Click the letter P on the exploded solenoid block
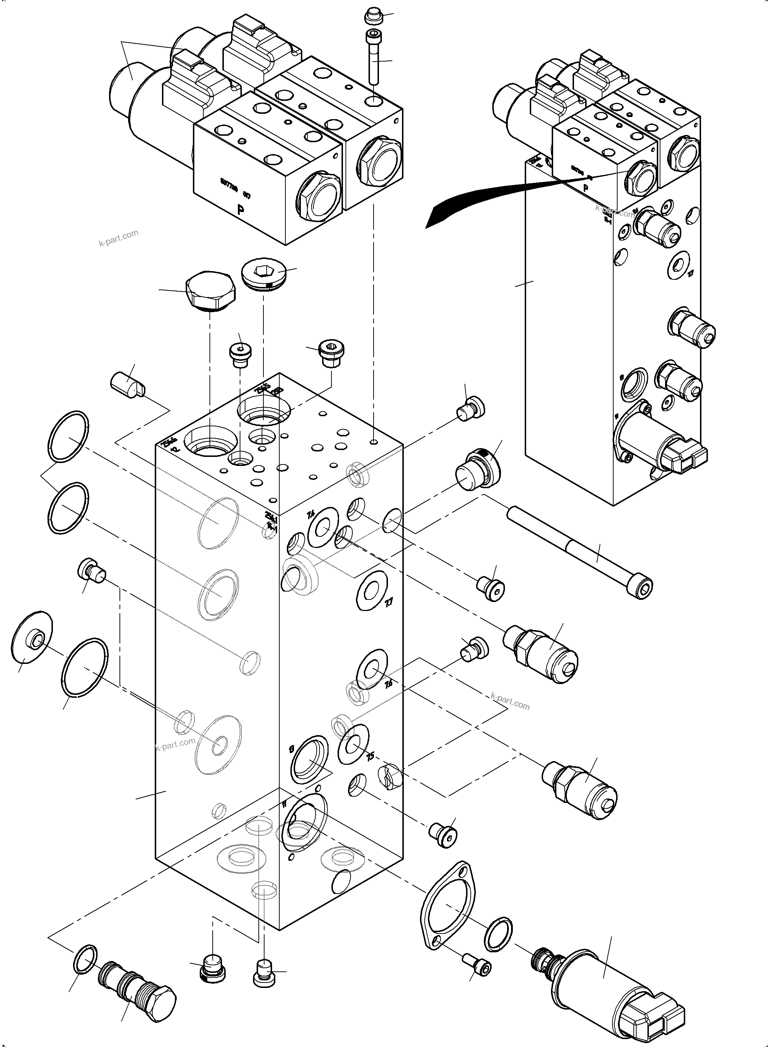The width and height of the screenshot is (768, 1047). click(x=240, y=210)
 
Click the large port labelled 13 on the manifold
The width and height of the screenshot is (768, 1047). click(x=309, y=759)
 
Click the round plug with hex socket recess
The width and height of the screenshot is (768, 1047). click(x=265, y=274)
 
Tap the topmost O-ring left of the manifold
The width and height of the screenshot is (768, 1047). click(x=68, y=436)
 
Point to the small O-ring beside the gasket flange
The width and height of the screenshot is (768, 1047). click(x=498, y=934)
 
